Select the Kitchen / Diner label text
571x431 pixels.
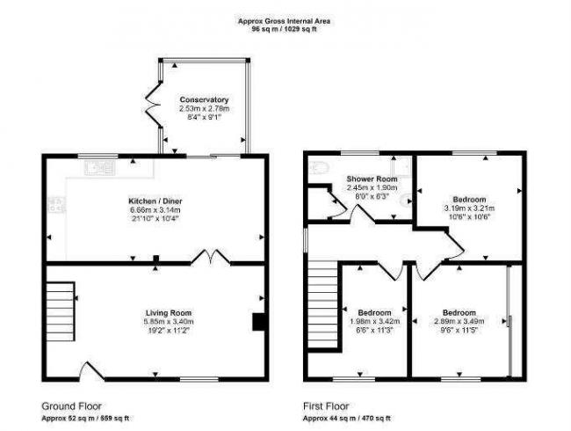(154, 201)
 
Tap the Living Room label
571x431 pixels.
(169, 313)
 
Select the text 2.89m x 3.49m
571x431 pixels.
(459, 322)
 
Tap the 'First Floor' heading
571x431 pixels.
(328, 405)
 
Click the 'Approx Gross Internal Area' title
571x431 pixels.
(285, 19)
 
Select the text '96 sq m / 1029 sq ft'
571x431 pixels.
(285, 28)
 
